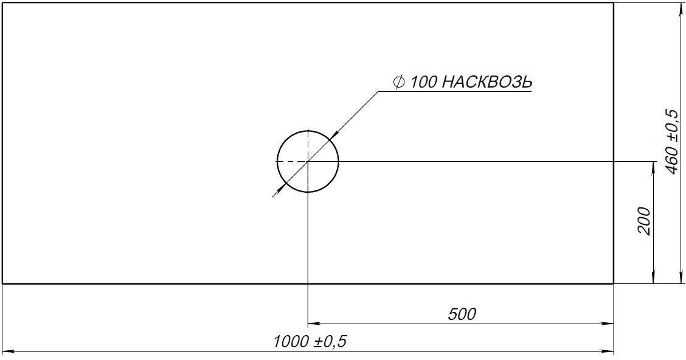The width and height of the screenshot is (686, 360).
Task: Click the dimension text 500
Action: [462, 314]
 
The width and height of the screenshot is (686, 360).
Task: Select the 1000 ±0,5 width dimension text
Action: [310, 342]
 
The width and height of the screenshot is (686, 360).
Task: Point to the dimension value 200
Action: [645, 221]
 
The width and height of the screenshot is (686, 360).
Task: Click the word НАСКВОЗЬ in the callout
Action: [485, 82]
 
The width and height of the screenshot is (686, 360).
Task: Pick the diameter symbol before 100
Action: [400, 82]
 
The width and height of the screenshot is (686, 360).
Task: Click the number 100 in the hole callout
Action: [423, 82]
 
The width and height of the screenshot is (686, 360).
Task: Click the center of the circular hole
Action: [308, 161]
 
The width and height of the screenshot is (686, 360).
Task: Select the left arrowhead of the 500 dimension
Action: [313, 324]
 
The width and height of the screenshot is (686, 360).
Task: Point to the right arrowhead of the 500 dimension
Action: [609, 324]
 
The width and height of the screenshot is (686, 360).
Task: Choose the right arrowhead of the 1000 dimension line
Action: [609, 351]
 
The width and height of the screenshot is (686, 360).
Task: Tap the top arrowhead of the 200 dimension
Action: [653, 166]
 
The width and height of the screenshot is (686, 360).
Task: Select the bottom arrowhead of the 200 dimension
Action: [653, 279]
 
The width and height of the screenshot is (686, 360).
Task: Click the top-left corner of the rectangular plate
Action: [3, 3]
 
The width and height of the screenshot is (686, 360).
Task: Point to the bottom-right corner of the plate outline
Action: [613, 283]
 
